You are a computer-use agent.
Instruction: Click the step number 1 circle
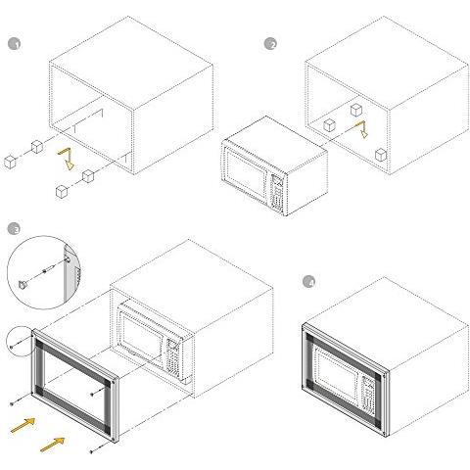pos(14,43)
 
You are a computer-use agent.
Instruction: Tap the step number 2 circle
pos(270,43)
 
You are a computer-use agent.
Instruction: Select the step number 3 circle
pos(14,229)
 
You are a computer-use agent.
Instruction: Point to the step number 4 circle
pos(308,282)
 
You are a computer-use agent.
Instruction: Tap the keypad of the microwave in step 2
pos(277,193)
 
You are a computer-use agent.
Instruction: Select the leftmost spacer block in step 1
pos(10,163)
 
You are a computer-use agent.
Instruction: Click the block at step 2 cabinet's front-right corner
pos(381,155)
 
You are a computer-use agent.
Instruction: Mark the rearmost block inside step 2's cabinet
pos(356,110)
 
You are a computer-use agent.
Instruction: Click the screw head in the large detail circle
pos(23,285)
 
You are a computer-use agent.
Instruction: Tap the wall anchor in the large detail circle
pos(47,270)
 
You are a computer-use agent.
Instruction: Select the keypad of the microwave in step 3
pos(172,355)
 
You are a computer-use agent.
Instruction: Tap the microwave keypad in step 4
pos(367,394)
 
